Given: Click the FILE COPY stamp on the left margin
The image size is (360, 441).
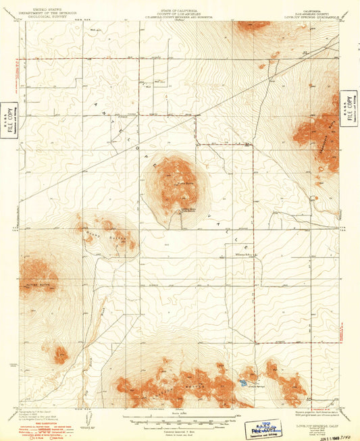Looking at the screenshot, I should click(x=9, y=120).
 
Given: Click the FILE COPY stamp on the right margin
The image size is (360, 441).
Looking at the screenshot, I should click(x=349, y=108).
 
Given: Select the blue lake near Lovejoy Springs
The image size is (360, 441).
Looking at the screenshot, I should click(x=241, y=384).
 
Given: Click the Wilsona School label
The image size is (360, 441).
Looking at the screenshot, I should click(x=236, y=255).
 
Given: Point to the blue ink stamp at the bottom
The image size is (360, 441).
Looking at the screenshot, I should click(x=264, y=427).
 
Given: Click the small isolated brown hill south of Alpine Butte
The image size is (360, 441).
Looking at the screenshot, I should click(x=59, y=353).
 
